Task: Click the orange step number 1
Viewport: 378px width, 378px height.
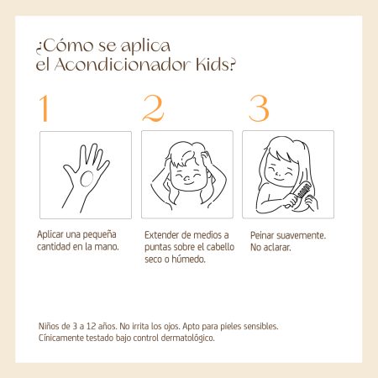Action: [x=44, y=108]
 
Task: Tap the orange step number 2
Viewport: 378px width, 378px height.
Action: [x=153, y=108]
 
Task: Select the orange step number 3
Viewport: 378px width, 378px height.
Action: [x=259, y=108]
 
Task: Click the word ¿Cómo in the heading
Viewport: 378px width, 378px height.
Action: [x=64, y=46]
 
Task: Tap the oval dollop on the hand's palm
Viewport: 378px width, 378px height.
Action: [x=87, y=179]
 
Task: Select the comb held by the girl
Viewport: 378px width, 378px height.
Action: [x=299, y=194]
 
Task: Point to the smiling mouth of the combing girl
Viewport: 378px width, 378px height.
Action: [x=278, y=178]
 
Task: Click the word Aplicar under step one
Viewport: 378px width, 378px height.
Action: [x=50, y=234]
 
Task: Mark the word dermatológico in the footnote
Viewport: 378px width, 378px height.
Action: [x=187, y=339]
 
